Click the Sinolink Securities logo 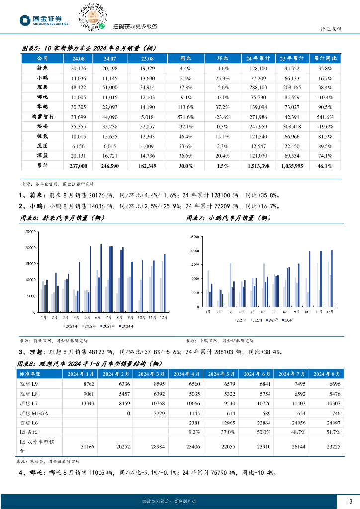click(44, 20)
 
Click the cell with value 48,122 click(79, 87)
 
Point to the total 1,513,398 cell click(258, 165)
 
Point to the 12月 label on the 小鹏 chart click(329, 311)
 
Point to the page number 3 click(351, 501)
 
